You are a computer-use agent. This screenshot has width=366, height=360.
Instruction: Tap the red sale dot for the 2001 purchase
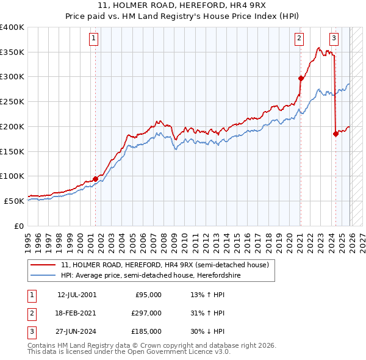pos(95,179)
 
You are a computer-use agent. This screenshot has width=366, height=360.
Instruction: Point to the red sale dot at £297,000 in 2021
pos(301,78)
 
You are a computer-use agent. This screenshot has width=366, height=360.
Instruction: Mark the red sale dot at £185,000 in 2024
pos(335,134)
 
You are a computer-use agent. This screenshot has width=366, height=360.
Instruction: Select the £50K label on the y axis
pos(15,201)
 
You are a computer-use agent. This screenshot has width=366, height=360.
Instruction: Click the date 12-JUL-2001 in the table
pos(76,295)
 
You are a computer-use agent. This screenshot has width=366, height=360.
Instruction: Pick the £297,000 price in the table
pos(146,313)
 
